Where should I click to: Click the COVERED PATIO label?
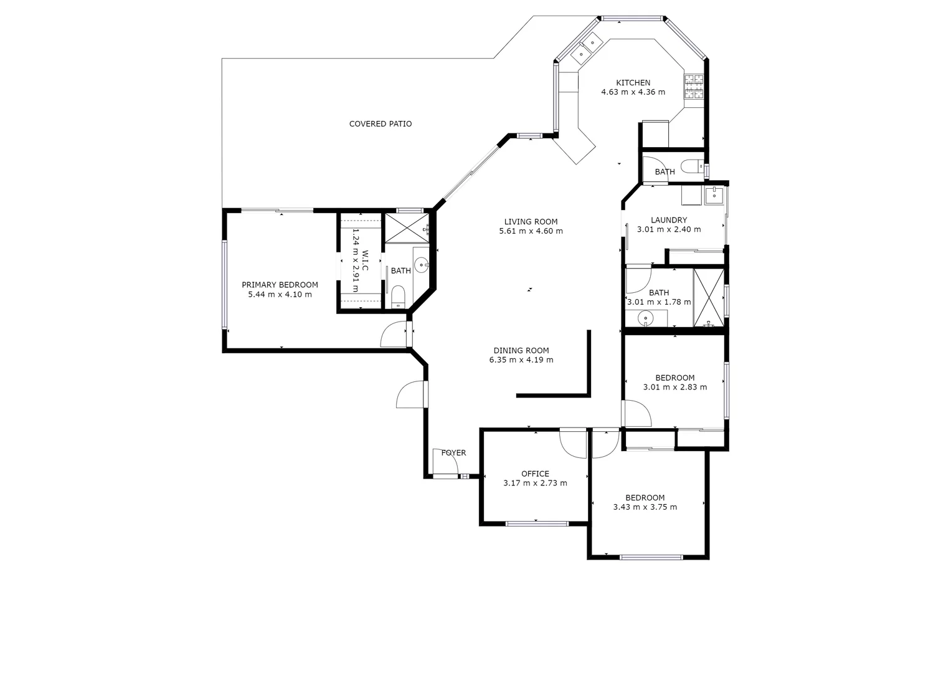[380, 124]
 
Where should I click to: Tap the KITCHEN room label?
[633, 83]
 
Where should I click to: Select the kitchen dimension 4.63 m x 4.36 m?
[633, 92]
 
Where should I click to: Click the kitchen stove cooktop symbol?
[694, 87]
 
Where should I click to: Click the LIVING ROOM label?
[531, 222]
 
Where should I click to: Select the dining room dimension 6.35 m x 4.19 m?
[521, 360]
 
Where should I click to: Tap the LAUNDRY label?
[668, 220]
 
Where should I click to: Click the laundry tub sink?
[713, 196]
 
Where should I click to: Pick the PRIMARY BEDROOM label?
[280, 285]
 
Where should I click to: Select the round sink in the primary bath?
[422, 265]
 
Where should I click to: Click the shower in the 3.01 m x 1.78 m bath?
[709, 298]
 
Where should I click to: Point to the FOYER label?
[453, 453]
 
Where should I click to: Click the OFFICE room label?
[535, 474]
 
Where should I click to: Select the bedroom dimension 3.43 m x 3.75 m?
[645, 507]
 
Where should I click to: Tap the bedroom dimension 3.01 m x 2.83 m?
[674, 387]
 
